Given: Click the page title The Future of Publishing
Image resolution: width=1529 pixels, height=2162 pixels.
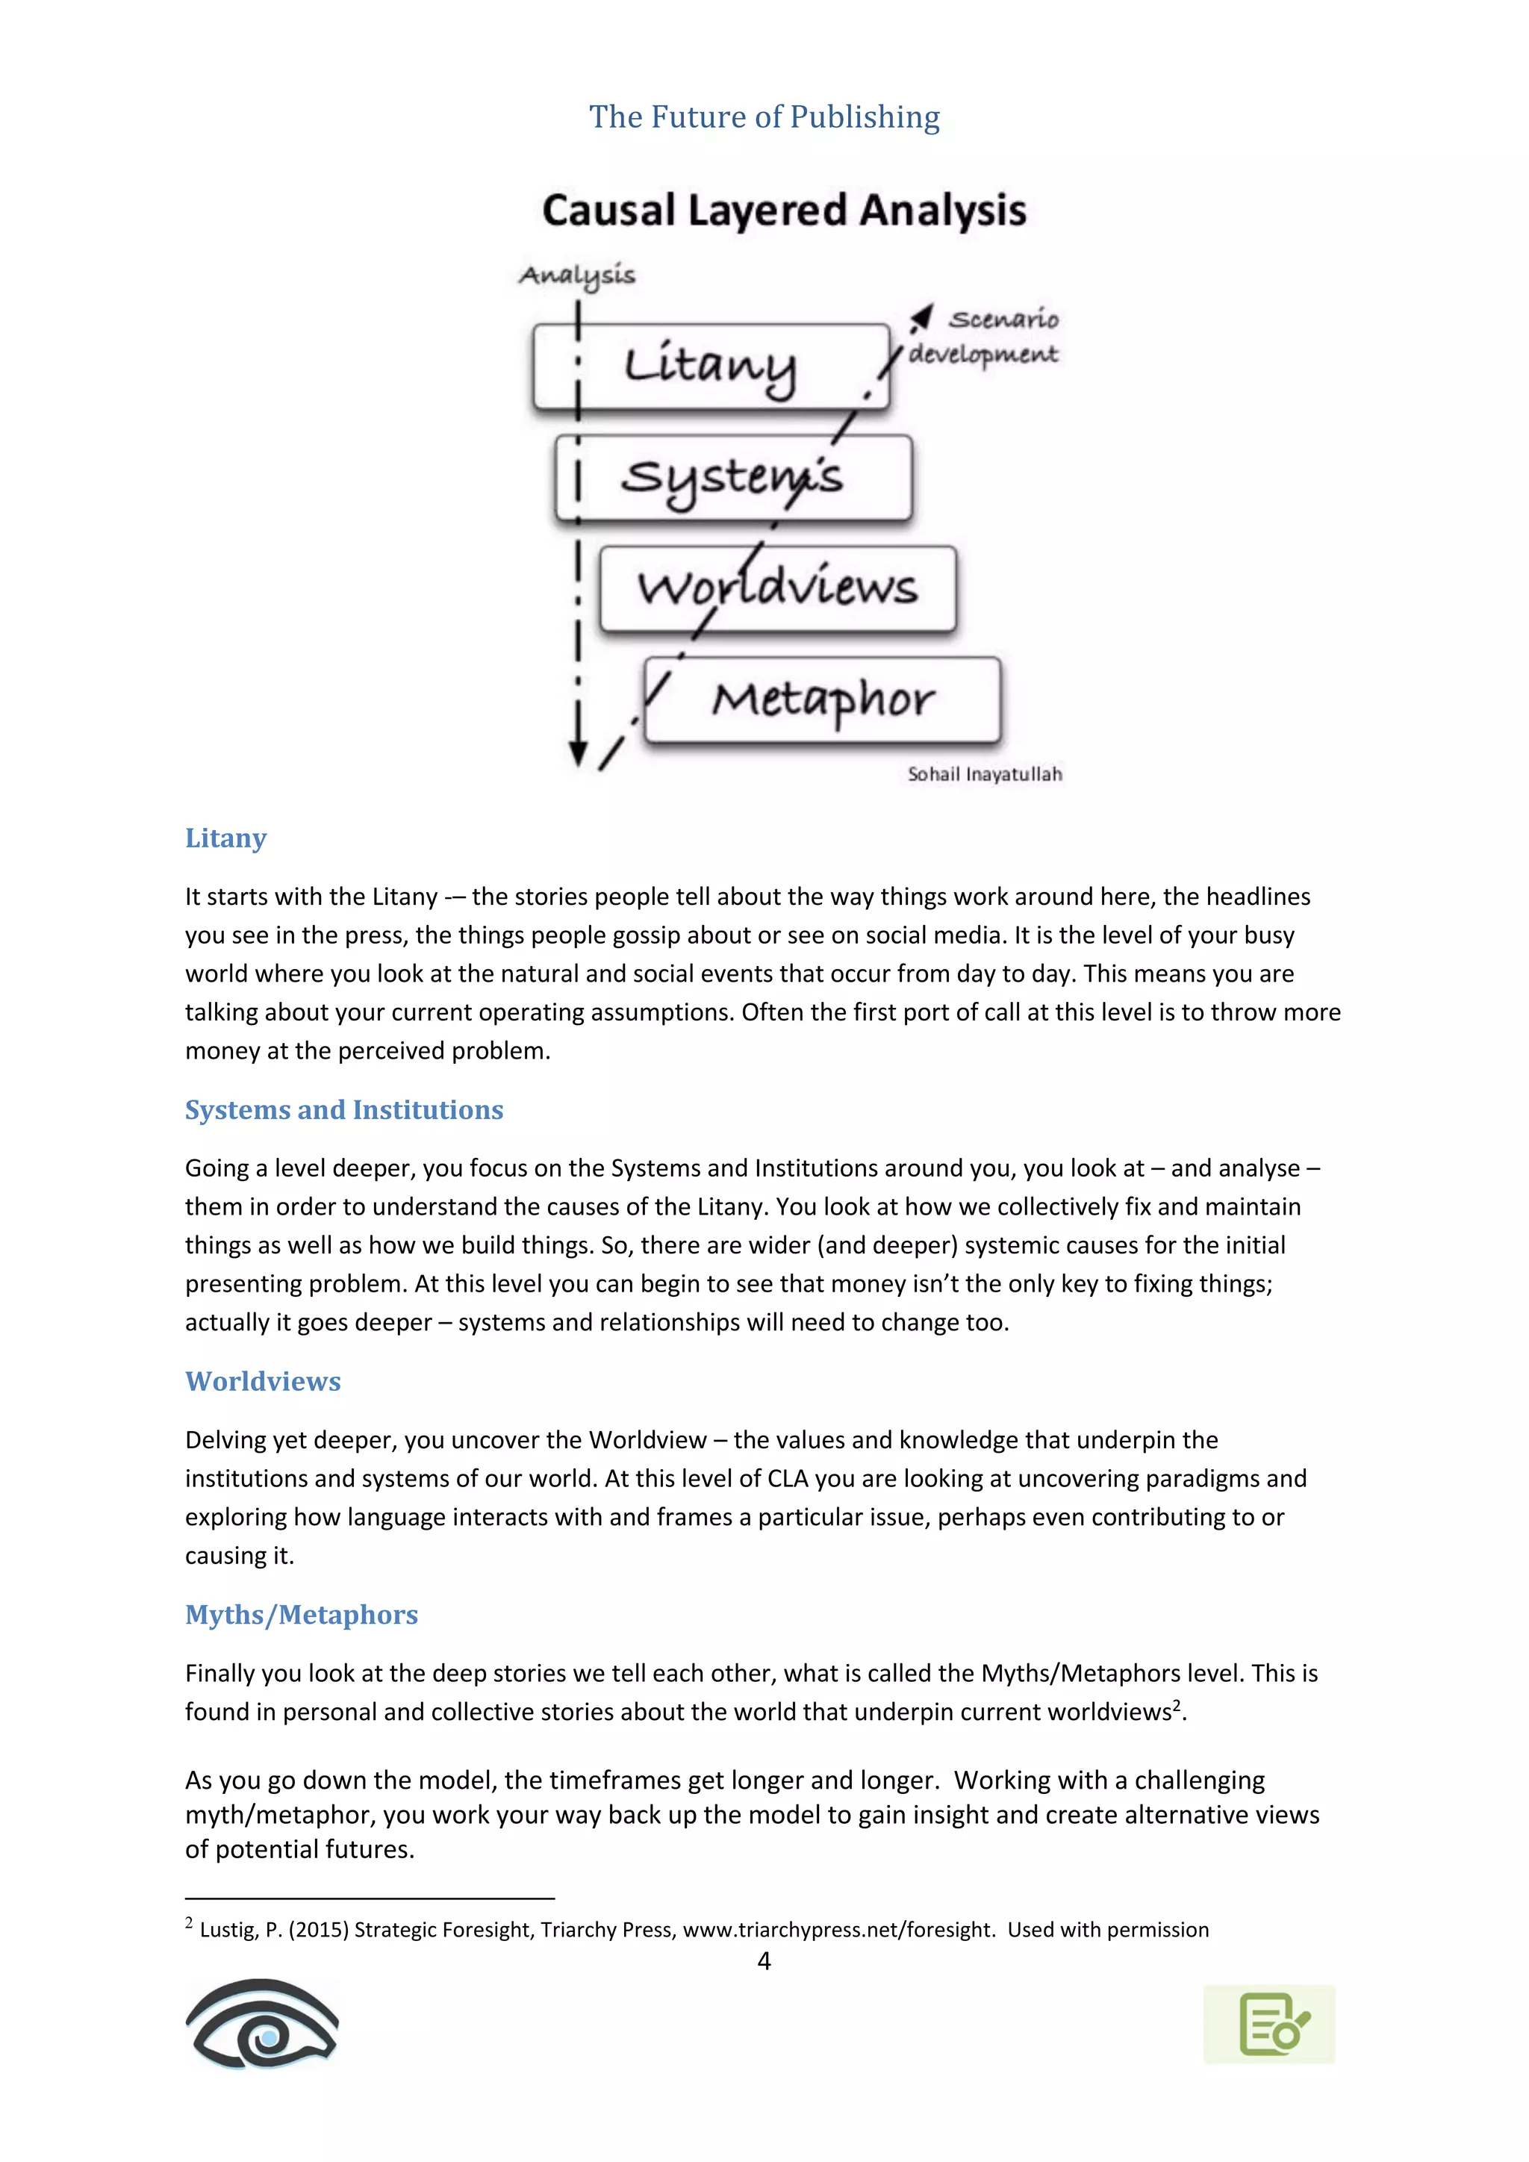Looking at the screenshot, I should pyautogui.click(x=764, y=116).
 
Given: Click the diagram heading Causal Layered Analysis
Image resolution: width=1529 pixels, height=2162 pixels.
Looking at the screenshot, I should pyautogui.click(x=783, y=210).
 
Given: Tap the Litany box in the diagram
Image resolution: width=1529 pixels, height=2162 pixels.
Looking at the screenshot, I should pyautogui.click(x=710, y=367).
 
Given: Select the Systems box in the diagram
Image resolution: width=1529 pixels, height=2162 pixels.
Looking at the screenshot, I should pyautogui.click(x=732, y=477).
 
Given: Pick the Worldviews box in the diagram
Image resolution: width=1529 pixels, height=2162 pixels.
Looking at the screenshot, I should pyautogui.click(x=778, y=588).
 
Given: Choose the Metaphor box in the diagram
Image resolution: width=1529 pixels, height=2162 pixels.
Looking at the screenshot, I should pyautogui.click(x=822, y=700).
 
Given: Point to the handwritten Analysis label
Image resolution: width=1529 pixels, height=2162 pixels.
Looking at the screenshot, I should pyautogui.click(x=577, y=275).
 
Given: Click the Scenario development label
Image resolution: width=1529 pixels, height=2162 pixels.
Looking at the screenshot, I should pyautogui.click(x=985, y=336).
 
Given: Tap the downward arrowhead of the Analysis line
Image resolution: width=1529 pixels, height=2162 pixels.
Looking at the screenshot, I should pyautogui.click(x=578, y=753).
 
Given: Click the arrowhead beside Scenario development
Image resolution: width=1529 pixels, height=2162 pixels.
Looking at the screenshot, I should pyautogui.click(x=922, y=317).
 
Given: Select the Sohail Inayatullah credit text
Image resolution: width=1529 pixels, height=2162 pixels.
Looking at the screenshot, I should pyautogui.click(x=985, y=774).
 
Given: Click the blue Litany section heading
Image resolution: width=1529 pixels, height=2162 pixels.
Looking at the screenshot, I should pyautogui.click(x=226, y=838).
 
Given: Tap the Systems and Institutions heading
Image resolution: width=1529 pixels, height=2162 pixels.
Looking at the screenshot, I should pyautogui.click(x=343, y=1109).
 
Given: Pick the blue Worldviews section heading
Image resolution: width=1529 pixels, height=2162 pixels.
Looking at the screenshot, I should pyautogui.click(x=263, y=1381).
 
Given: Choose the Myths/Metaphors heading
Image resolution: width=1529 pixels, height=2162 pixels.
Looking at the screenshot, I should pyautogui.click(x=302, y=1615).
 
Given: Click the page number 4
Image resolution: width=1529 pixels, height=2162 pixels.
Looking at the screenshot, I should pyautogui.click(x=764, y=1961).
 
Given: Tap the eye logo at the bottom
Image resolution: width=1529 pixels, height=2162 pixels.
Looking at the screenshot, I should pyautogui.click(x=262, y=2024).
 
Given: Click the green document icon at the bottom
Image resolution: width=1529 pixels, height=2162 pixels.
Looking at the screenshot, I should pyautogui.click(x=1268, y=2025).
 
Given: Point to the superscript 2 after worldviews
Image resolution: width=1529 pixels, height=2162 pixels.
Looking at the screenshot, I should pyautogui.click(x=1177, y=1704).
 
